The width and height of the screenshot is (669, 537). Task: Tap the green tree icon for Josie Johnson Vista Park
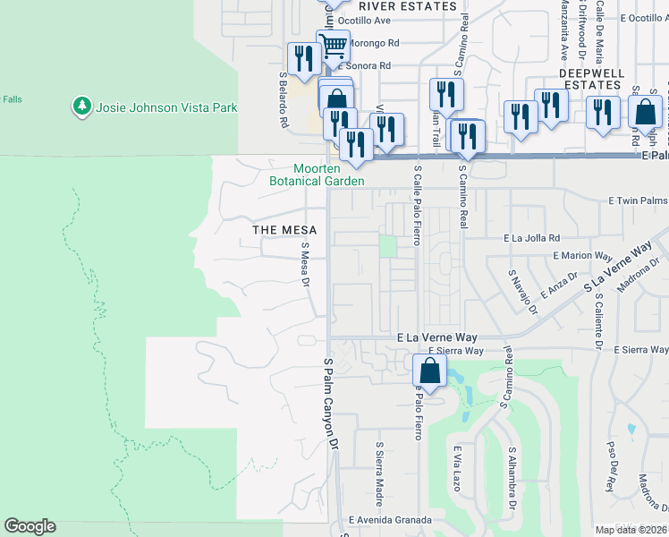point(82,107)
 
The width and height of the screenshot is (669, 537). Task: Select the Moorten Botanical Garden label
point(318,175)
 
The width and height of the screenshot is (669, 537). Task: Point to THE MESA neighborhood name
point(285,230)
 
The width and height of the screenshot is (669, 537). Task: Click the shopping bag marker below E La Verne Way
point(430,371)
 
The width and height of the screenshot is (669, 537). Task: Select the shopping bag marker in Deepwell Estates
point(645,113)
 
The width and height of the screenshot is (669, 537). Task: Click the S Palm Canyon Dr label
point(327,403)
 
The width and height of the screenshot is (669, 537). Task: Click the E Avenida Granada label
point(390,520)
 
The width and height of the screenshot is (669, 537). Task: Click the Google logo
point(30,526)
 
